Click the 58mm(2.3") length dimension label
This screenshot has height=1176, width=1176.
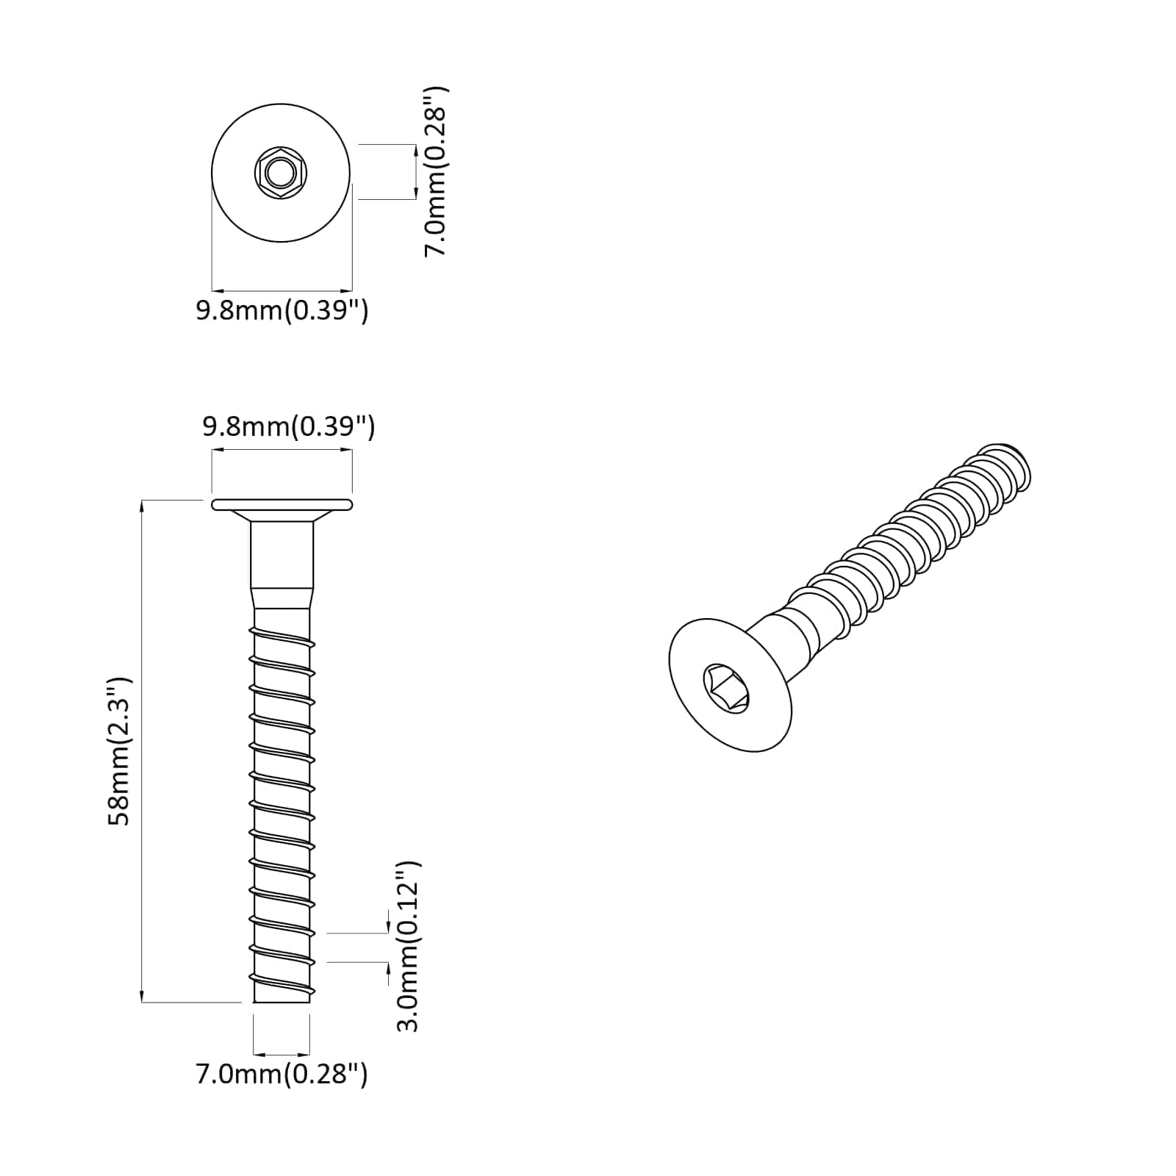[x=119, y=751]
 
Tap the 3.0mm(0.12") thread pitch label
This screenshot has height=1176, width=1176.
[x=408, y=947]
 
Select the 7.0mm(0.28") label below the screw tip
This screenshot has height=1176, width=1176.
[x=282, y=1075]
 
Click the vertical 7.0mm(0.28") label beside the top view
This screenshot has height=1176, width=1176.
[x=436, y=172]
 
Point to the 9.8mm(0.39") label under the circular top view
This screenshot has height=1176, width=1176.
[x=282, y=311]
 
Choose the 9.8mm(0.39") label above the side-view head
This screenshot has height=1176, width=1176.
[x=289, y=426]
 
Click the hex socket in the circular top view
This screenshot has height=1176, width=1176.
[x=280, y=174]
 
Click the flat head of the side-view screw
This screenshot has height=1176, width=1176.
[x=282, y=504]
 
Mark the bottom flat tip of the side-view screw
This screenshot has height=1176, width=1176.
[x=282, y=1000]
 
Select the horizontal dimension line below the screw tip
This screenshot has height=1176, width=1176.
[x=282, y=1054]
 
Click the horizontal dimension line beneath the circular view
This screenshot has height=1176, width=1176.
[x=282, y=290]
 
